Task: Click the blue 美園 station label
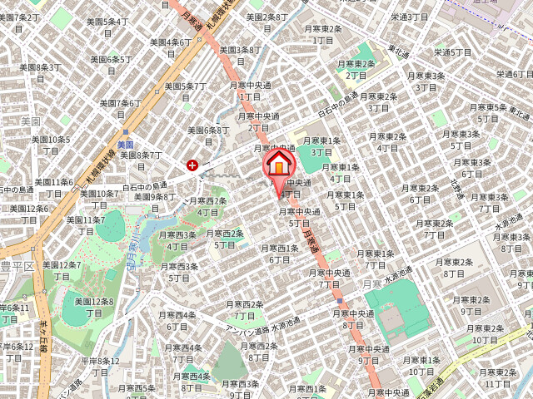(127, 144)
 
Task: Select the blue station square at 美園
(126, 131)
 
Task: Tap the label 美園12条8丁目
(93, 307)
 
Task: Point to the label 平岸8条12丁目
(101, 366)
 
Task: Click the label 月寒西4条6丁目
(177, 320)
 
